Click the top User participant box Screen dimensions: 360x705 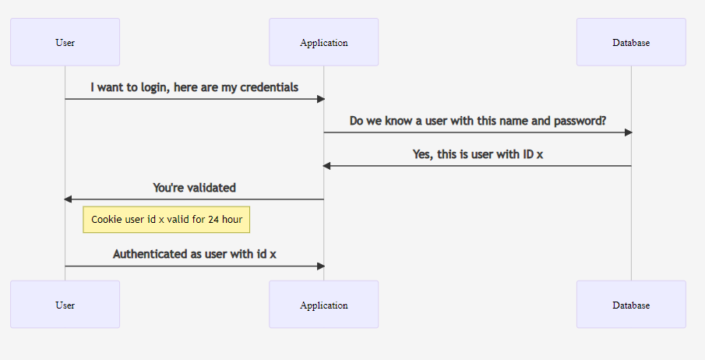[x=65, y=42]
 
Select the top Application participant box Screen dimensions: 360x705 [x=323, y=42]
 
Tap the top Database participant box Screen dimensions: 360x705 [x=631, y=42]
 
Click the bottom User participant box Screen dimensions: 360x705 [x=65, y=305]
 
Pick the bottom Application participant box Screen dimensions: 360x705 [x=323, y=305]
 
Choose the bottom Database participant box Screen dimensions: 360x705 [x=631, y=305]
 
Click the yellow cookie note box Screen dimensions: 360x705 [x=166, y=220]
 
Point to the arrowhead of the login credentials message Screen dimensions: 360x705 [x=320, y=99]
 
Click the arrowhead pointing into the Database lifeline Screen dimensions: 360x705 [x=627, y=132]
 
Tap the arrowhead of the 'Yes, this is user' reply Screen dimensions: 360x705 [x=327, y=166]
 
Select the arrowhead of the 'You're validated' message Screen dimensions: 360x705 [x=69, y=199]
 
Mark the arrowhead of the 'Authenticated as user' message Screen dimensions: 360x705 [x=320, y=266]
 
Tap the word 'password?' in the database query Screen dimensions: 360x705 [x=580, y=121]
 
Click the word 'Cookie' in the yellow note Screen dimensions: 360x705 [x=107, y=220]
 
